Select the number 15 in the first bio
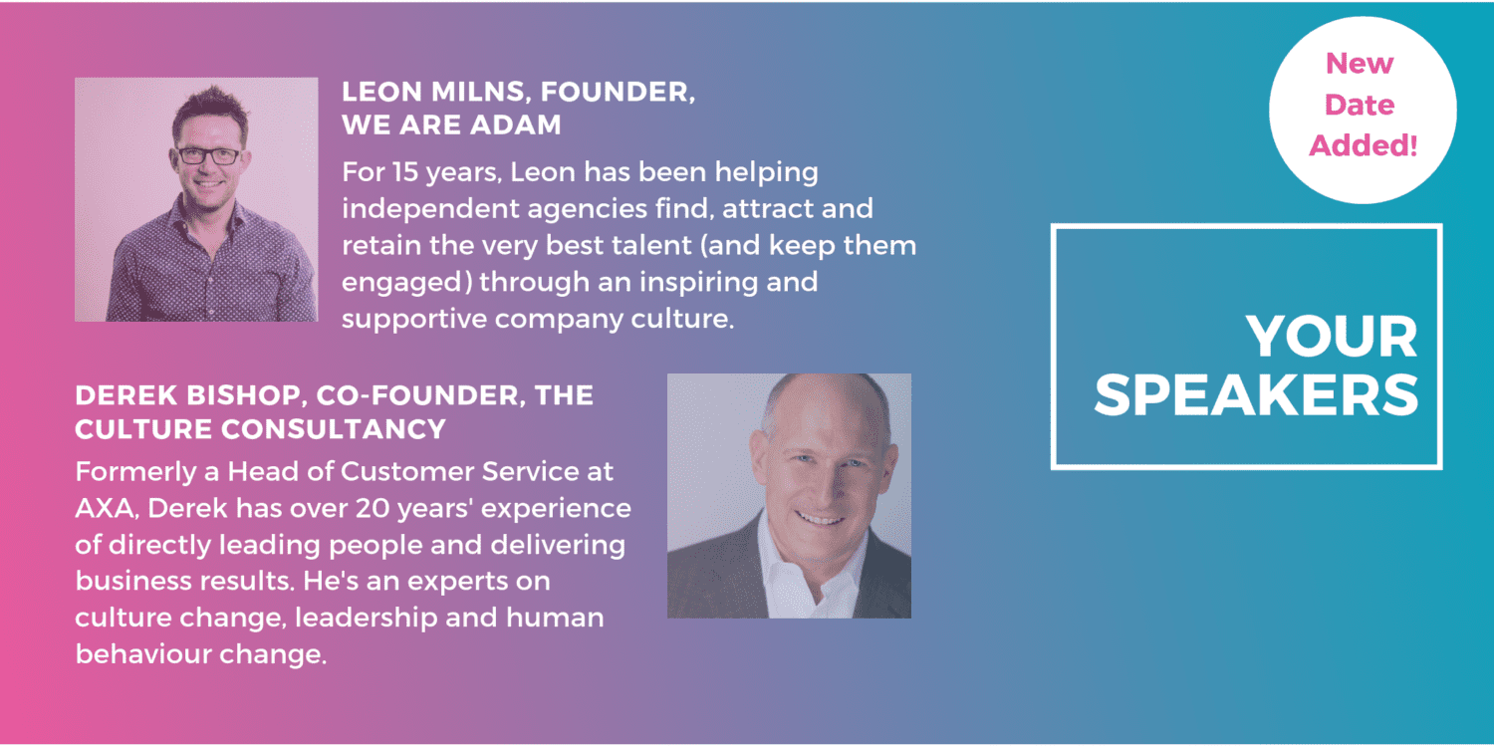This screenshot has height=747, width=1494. click(x=406, y=172)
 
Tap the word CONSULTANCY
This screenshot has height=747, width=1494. click(x=334, y=429)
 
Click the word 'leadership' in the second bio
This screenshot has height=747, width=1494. click(x=367, y=619)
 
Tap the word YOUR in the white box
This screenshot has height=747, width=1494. click(x=1332, y=337)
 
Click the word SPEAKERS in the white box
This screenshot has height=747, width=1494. click(x=1256, y=394)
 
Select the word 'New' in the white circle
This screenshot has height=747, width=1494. click(x=1360, y=64)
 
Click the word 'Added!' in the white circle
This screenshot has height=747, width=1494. click(x=1363, y=145)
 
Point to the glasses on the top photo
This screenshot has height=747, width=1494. click(x=209, y=156)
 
